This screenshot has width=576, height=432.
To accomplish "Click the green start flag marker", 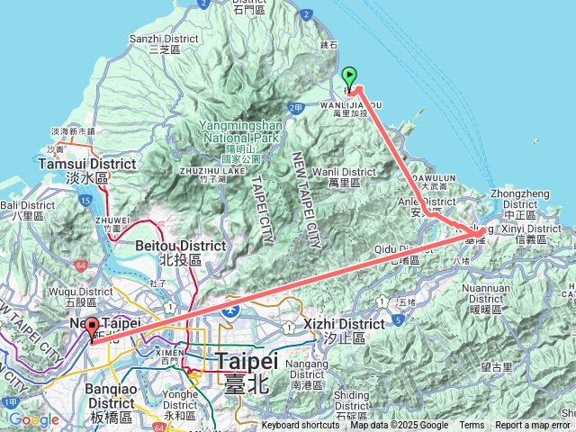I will pos(350,77).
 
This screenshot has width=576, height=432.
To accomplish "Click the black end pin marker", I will pos(91,329).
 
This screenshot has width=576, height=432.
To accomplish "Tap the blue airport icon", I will pos(231,311).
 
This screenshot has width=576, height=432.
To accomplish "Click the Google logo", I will pos(33,419).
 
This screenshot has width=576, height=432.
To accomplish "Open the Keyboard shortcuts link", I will pos(301,426).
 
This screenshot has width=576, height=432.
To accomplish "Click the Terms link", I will pos(472,426).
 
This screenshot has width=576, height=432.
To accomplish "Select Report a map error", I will pos(532,426).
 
